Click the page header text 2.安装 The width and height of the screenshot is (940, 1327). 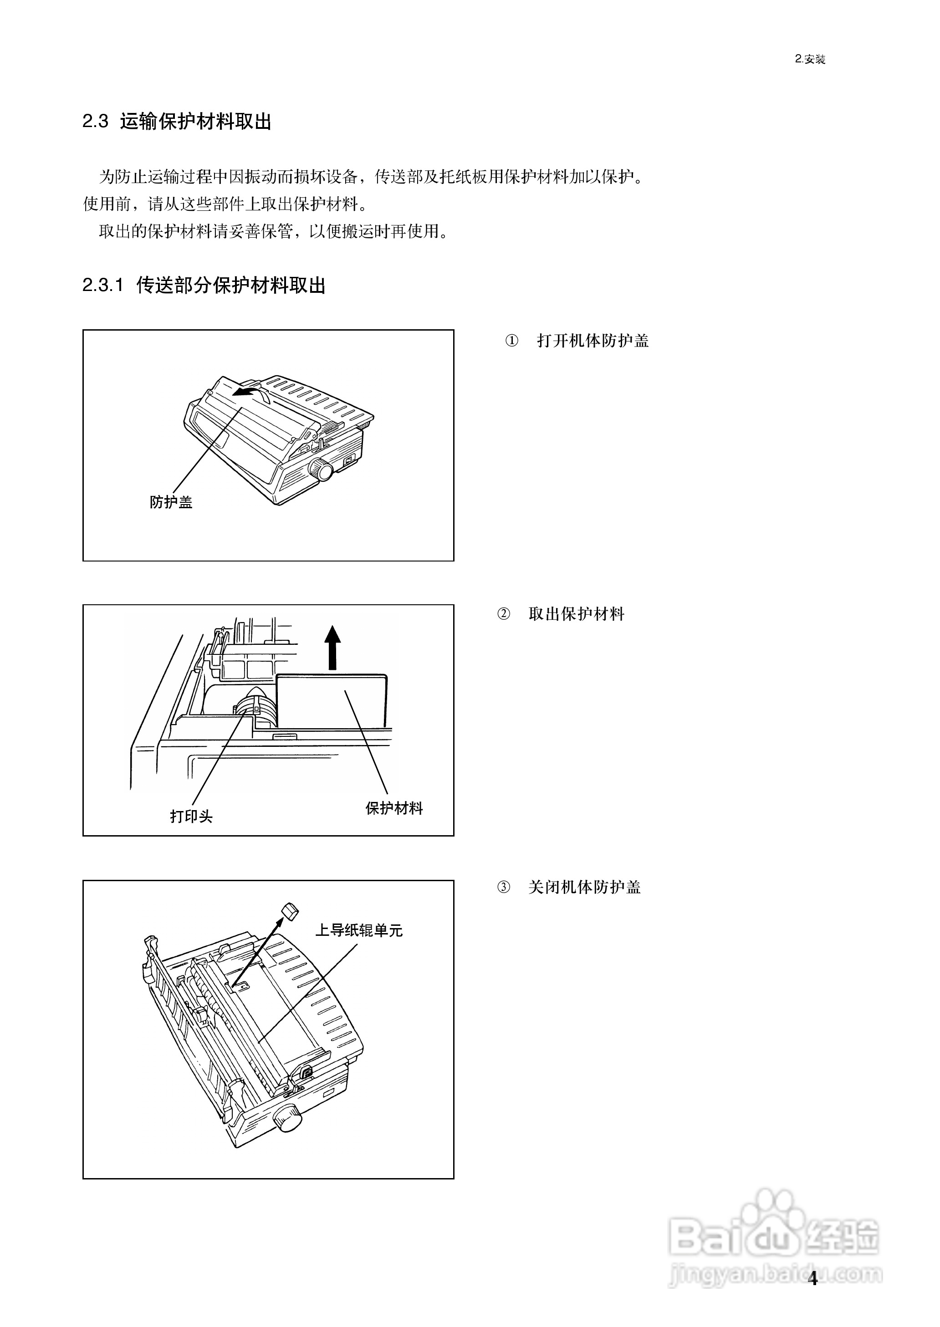tap(810, 59)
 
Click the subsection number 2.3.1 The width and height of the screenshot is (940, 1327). tap(103, 286)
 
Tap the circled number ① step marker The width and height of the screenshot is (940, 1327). tap(512, 341)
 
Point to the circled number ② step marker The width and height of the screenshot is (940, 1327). tap(504, 614)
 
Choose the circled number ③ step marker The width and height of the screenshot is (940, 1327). tap(504, 887)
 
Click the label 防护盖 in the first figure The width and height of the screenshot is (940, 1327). tap(171, 502)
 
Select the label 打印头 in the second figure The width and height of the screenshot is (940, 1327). tap(191, 816)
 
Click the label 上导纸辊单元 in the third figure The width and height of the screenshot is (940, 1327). tap(358, 930)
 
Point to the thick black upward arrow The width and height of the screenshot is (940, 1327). tap(332, 647)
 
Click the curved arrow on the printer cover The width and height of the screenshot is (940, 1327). tap(250, 393)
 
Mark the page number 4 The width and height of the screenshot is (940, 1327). tap(812, 1278)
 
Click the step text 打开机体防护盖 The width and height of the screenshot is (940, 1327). tap(593, 341)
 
